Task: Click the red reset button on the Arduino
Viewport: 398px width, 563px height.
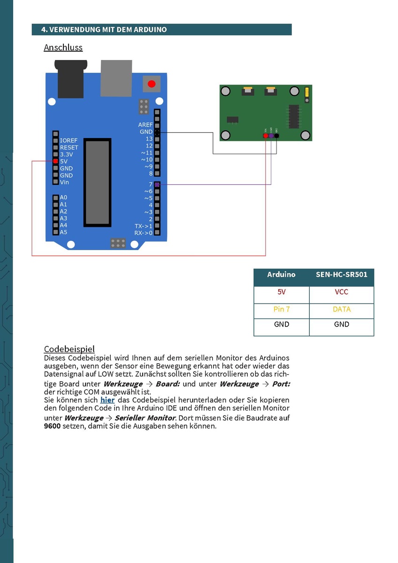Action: point(151,84)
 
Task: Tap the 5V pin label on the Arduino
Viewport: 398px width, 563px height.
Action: point(64,161)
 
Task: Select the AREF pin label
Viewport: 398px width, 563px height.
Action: point(145,125)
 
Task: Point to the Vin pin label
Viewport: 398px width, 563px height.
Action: point(65,182)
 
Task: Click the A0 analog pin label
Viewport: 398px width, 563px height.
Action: point(64,198)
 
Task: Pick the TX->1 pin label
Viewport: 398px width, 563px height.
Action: point(143,226)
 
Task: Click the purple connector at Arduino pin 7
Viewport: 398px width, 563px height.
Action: point(157,184)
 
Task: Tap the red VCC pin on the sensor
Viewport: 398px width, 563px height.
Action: point(266,136)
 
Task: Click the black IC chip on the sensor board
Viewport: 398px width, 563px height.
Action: point(294,116)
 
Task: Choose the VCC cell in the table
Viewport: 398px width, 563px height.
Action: point(341,292)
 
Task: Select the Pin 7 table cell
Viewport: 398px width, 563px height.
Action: point(281,309)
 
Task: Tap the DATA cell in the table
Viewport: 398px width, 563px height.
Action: point(341,309)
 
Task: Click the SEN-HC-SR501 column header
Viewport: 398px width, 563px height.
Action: point(341,274)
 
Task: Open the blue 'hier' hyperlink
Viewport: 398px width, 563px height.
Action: point(107,400)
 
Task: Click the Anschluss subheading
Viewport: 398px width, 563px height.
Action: point(63,47)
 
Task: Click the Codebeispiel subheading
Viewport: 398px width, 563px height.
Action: point(69,349)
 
